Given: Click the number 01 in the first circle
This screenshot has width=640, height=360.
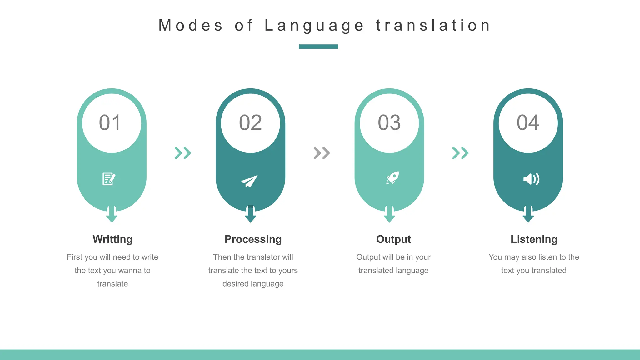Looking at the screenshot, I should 110,122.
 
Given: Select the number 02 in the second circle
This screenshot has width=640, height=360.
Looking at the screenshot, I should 250,122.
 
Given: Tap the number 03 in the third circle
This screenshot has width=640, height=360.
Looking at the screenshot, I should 389,122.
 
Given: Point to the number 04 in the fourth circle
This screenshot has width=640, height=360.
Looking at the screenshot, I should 528,122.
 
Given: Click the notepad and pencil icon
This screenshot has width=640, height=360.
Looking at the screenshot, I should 109,179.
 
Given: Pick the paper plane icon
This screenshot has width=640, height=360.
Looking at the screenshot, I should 249,181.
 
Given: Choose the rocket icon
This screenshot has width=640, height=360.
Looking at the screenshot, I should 392,178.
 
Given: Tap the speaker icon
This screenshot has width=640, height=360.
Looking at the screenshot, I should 531,179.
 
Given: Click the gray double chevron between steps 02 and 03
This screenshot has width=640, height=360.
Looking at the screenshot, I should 322,153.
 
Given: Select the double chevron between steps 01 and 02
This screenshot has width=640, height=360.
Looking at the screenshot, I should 183,153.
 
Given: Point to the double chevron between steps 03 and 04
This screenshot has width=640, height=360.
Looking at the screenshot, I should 461,153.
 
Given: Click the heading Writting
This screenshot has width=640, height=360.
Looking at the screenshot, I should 112,239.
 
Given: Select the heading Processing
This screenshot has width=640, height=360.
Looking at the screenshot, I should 253,239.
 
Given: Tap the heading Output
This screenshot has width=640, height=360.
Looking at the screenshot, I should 393,239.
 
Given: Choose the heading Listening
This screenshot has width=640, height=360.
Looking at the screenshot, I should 534,239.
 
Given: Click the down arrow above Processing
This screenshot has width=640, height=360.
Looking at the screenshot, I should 250,214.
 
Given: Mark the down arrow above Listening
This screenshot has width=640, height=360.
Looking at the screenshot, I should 528,214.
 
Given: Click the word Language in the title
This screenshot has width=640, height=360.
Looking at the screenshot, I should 314,26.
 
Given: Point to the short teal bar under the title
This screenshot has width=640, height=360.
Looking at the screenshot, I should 318,47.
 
